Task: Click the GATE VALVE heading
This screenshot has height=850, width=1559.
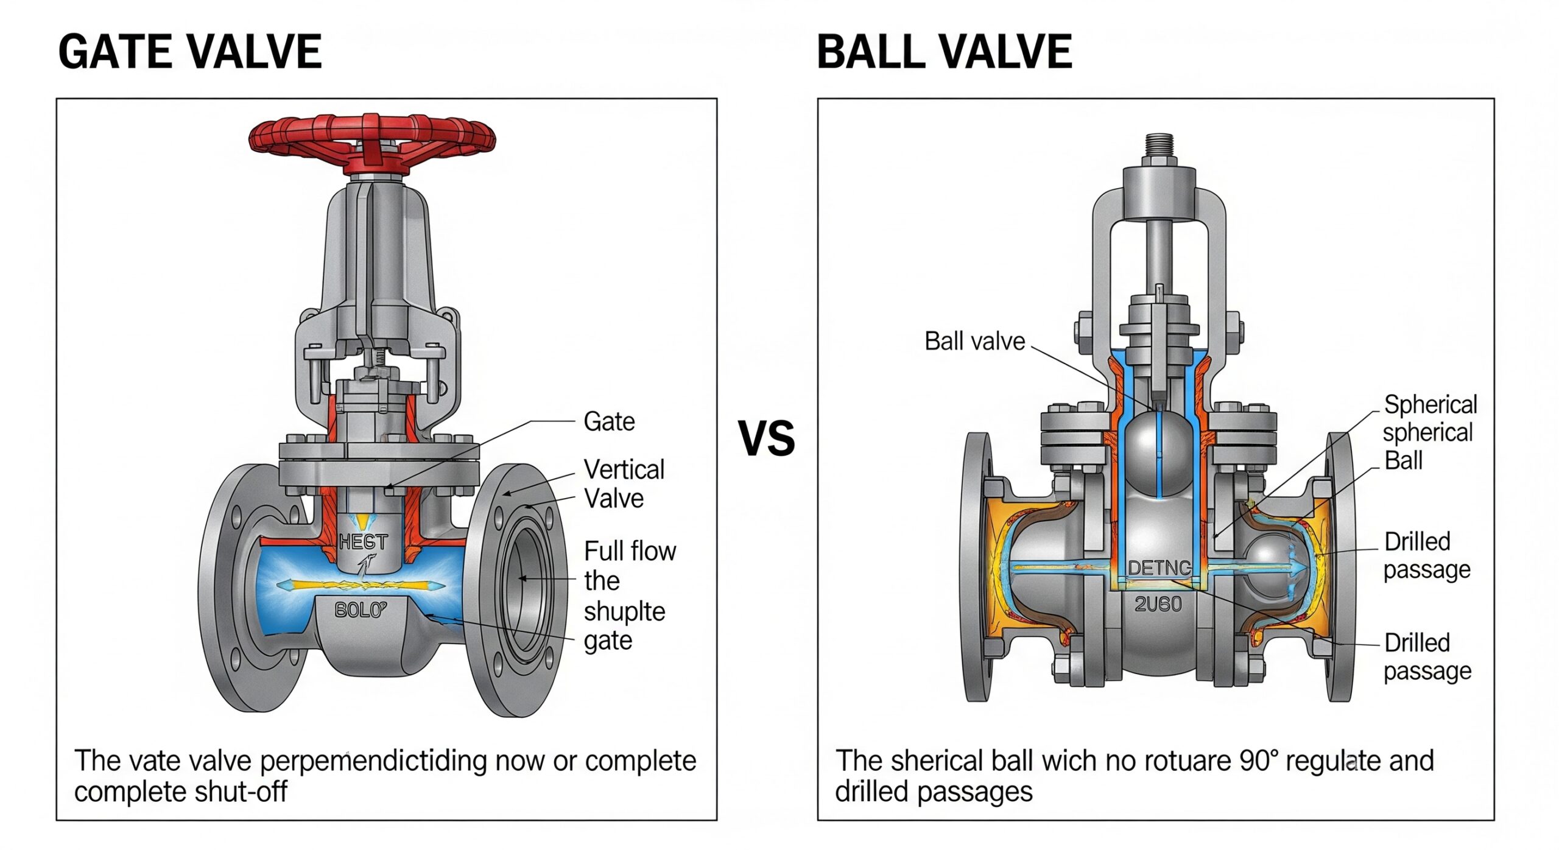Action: click(189, 52)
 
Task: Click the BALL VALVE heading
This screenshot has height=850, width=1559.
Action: click(944, 52)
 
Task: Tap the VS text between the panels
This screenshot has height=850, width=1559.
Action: click(766, 438)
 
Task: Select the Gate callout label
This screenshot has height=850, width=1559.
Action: click(609, 421)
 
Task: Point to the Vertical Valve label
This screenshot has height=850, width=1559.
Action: click(624, 484)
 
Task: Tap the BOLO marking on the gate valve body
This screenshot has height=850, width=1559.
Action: click(361, 609)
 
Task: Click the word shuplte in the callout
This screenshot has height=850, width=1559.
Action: click(624, 611)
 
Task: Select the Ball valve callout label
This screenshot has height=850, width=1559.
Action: click(974, 342)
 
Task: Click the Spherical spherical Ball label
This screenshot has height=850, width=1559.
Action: click(1429, 432)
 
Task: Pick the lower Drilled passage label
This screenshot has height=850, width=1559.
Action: click(1427, 657)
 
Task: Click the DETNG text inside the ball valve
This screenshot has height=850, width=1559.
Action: click(1160, 568)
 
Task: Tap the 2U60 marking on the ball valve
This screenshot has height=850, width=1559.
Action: click(1158, 604)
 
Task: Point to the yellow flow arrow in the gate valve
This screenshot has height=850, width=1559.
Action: click(361, 586)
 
